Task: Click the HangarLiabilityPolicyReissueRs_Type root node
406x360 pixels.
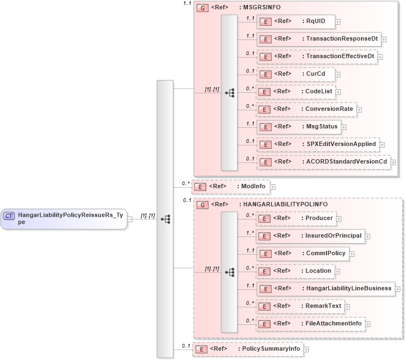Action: click(64, 218)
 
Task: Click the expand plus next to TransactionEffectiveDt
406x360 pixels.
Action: click(380, 57)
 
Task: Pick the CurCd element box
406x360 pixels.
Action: click(296, 74)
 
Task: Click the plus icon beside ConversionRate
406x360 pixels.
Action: click(359, 110)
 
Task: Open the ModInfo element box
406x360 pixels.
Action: click(230, 187)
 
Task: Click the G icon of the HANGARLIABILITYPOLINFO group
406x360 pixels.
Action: click(202, 205)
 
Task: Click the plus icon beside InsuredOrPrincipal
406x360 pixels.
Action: click(368, 237)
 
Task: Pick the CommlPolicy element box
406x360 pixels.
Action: click(302, 254)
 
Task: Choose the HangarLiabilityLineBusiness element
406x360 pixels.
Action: click(325, 289)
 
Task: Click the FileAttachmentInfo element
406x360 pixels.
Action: click(310, 324)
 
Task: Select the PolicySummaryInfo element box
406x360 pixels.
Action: click(247, 349)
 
